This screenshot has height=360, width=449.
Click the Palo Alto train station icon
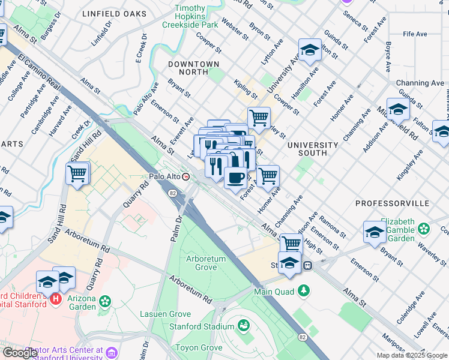point(186,177)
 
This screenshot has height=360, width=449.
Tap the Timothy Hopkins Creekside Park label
point(189,17)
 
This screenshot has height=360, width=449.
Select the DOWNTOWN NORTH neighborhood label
point(193,64)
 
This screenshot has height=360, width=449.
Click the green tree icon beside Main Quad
point(304,291)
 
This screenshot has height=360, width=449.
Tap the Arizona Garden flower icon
point(106,300)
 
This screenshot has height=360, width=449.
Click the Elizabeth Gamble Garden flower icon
point(424,228)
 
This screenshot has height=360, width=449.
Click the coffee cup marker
point(235,178)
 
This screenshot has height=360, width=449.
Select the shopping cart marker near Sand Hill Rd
point(77,174)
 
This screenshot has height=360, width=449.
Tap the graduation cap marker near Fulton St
point(310,50)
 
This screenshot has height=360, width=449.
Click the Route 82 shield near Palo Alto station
point(173,193)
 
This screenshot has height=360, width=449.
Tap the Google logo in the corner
point(20,353)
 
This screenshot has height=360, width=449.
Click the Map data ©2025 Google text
point(411,355)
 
